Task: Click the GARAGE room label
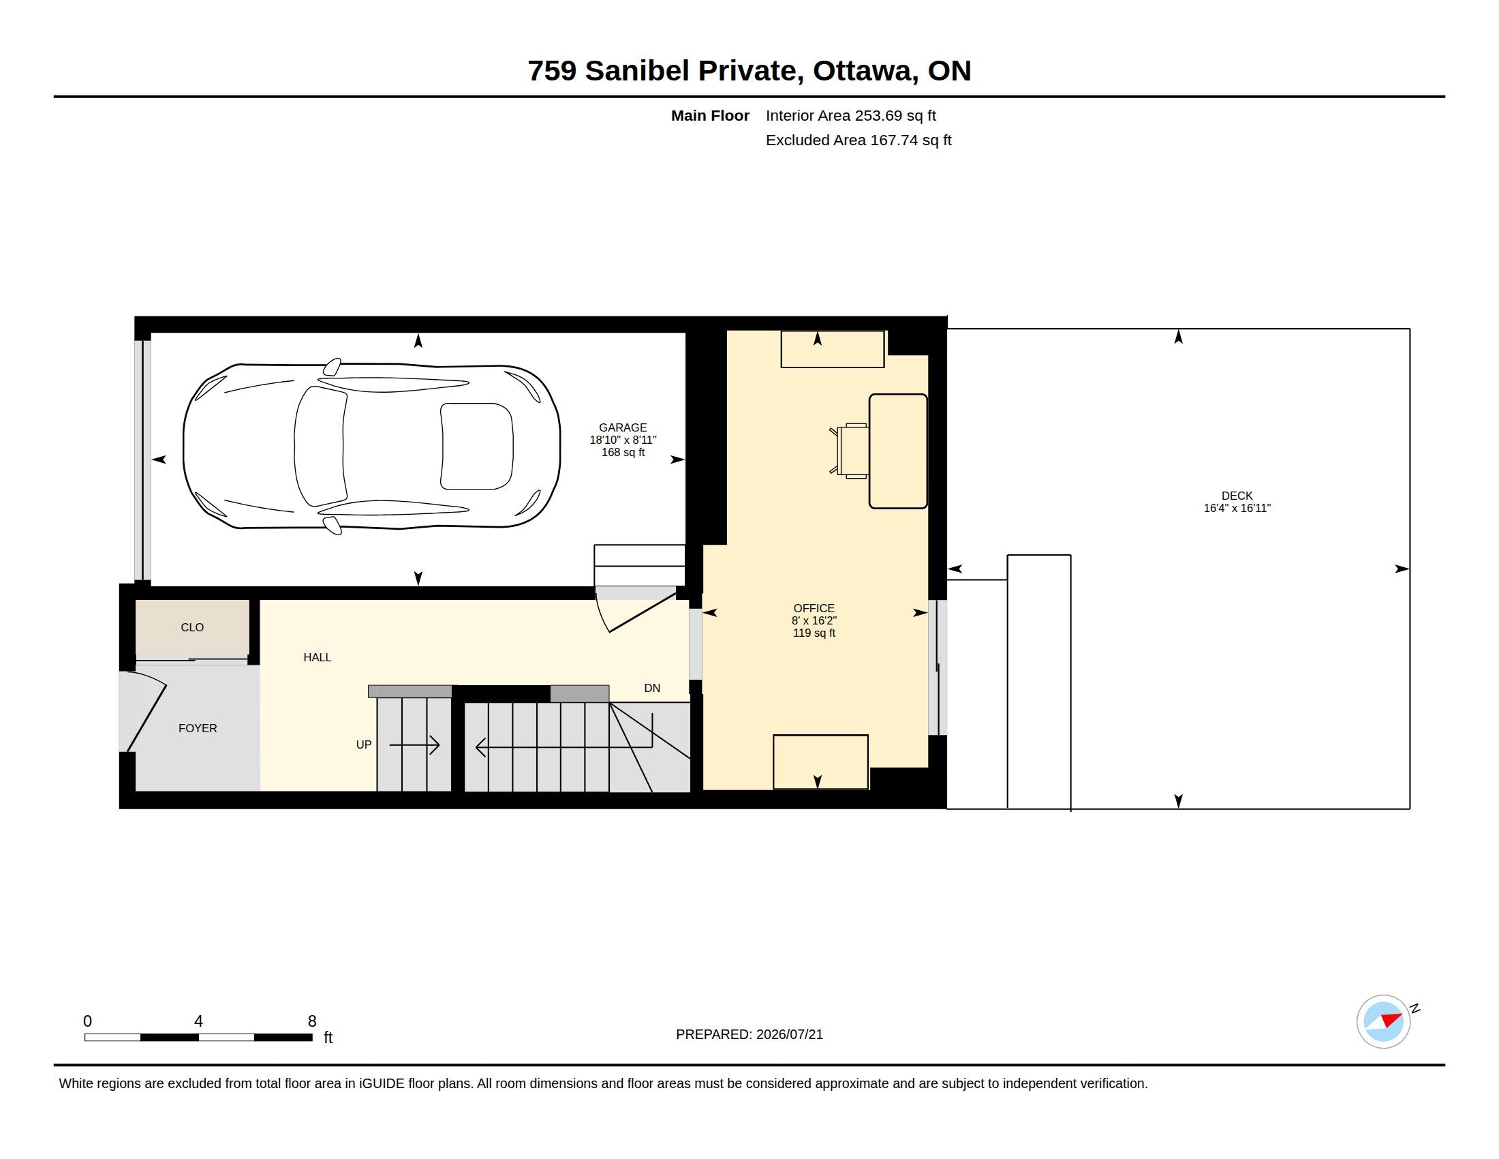point(623,427)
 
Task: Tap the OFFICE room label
point(814,608)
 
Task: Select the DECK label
point(1237,496)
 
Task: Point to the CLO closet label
point(192,627)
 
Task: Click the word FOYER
point(198,729)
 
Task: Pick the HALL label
point(317,658)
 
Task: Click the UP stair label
point(364,745)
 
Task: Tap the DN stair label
point(652,688)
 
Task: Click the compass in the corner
point(1384,1021)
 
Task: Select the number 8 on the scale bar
point(312,1021)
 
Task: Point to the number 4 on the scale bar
point(198,1021)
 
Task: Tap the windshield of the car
point(320,446)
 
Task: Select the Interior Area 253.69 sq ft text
point(850,116)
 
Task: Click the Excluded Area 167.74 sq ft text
point(859,140)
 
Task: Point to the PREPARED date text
point(749,1034)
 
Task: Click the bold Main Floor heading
point(710,116)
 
